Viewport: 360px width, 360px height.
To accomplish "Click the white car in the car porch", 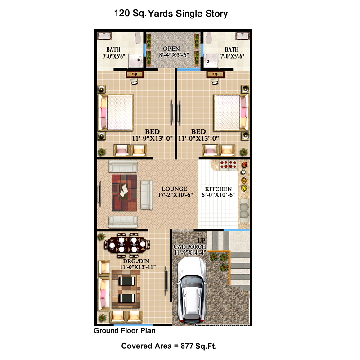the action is [192, 290].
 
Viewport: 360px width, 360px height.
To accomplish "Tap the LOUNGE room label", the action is [175, 189].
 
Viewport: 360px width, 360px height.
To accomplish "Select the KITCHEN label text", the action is [218, 189].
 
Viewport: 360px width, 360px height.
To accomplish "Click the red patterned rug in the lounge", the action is [125, 193].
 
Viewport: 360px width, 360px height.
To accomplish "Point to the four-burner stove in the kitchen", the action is [228, 165].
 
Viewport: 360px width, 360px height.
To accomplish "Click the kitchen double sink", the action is [244, 211].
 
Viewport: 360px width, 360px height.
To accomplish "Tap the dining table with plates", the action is [127, 245].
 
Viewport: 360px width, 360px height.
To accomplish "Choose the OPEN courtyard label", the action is [171, 49].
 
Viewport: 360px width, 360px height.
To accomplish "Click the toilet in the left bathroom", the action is [138, 38].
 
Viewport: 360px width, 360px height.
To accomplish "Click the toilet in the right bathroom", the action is [209, 38].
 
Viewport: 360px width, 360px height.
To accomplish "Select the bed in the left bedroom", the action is [116, 112].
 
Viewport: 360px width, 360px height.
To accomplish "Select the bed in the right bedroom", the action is [231, 112].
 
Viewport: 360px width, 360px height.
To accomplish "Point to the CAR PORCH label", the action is [189, 247].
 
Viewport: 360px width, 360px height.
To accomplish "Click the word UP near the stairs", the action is [201, 241].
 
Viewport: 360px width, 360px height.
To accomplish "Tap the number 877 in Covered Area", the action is [187, 346].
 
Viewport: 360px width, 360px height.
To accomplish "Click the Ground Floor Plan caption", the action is [125, 331].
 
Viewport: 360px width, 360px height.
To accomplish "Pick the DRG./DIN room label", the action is [136, 261].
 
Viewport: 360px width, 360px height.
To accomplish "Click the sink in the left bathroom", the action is [104, 36].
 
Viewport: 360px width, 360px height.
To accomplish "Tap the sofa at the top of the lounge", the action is [123, 166].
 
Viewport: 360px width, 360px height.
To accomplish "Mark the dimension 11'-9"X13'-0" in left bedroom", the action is [152, 139].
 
